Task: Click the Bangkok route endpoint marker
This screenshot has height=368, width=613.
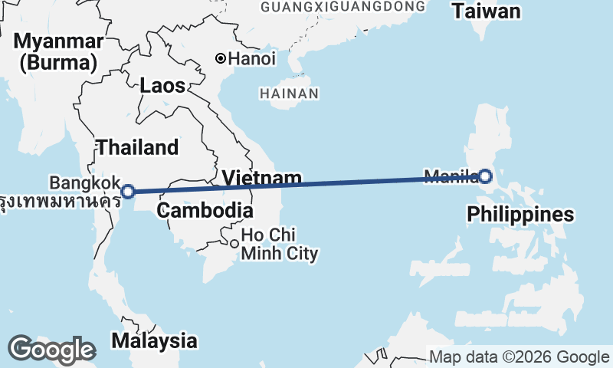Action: point(129,191)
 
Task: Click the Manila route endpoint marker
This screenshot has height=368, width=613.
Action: point(486,177)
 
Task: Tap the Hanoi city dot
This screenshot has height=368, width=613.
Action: point(221,58)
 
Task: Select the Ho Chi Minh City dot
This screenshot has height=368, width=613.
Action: point(234,244)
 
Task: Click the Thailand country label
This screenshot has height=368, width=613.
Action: point(137,147)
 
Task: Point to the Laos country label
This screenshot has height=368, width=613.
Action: point(162,86)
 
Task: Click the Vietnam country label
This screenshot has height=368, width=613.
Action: point(262,179)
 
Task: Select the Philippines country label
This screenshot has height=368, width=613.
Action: point(520,215)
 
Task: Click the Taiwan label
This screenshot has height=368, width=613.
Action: point(486,11)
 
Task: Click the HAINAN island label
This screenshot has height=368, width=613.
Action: point(289,94)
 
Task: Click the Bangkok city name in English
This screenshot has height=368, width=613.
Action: point(84,182)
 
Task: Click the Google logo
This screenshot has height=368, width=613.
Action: point(51,350)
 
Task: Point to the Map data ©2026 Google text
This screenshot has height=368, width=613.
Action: point(519,357)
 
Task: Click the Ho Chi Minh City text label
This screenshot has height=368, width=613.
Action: point(279,244)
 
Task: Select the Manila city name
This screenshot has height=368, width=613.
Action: point(451,176)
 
